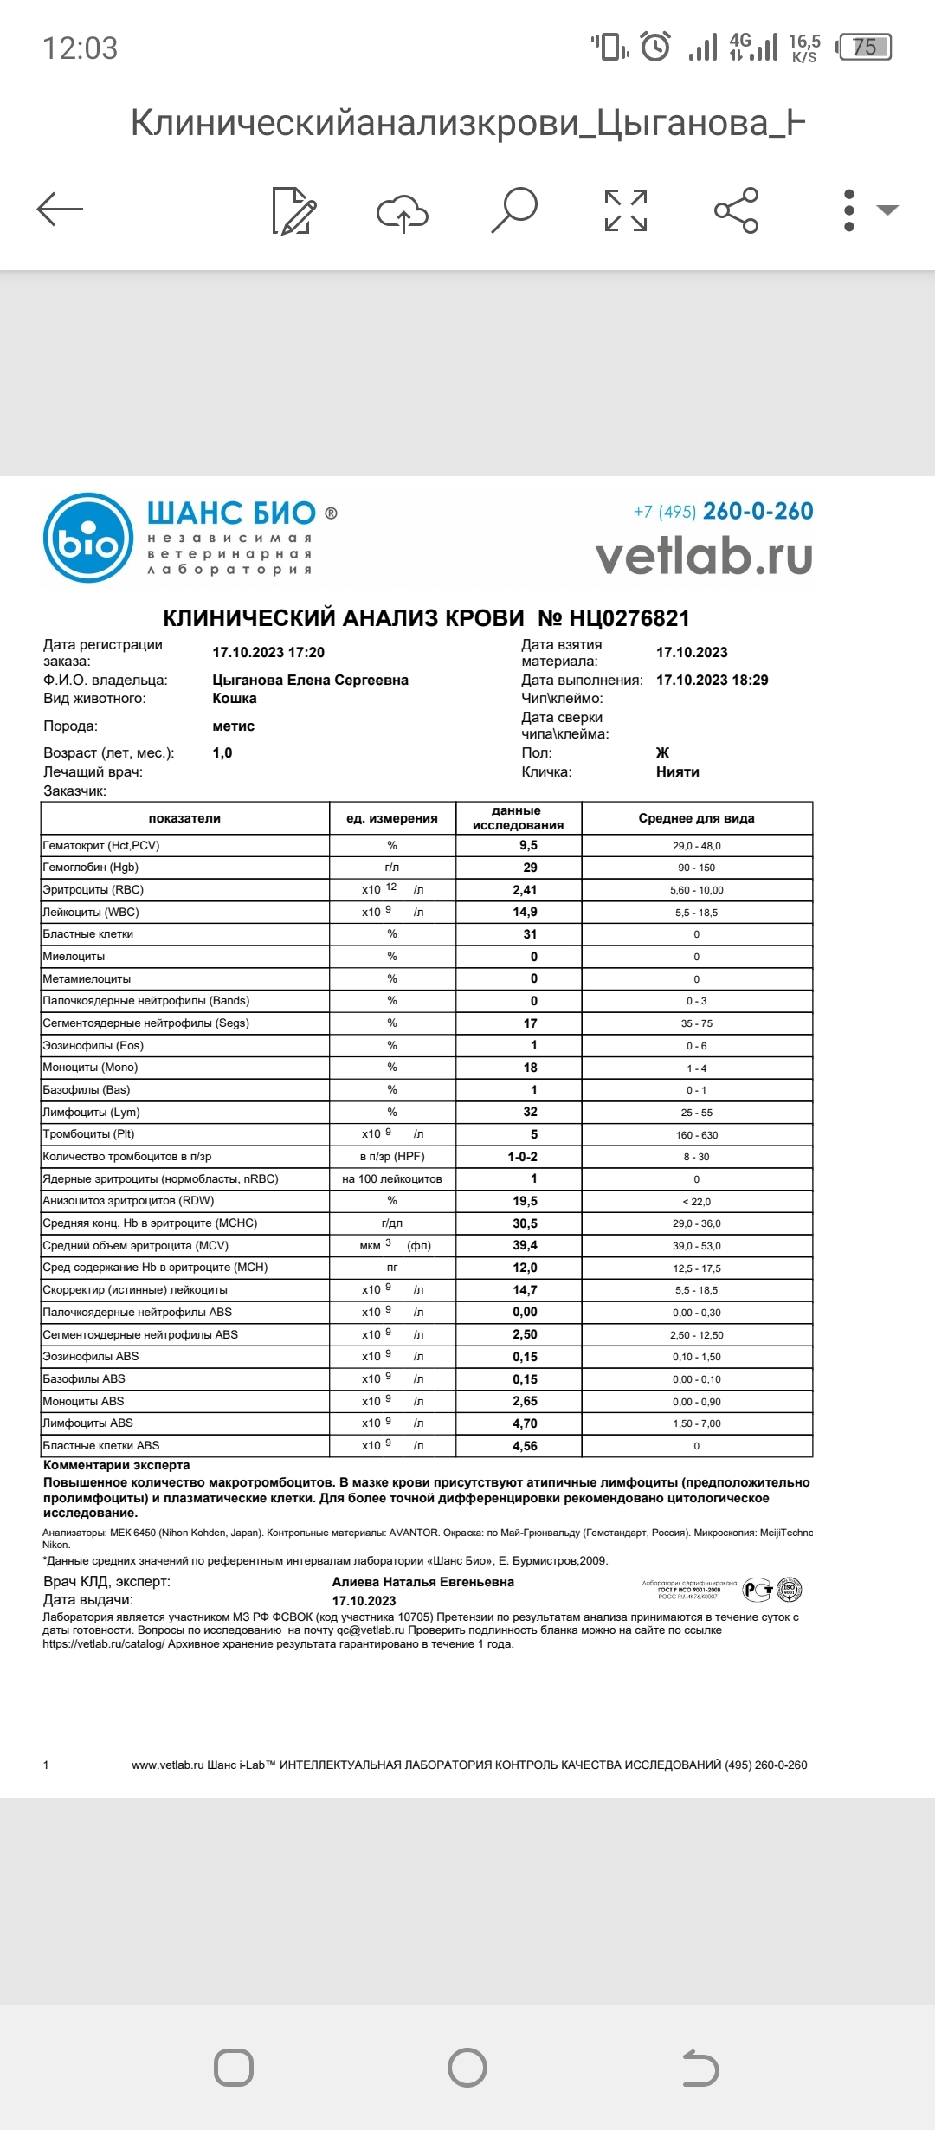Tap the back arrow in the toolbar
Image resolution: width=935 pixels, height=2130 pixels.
tap(60, 210)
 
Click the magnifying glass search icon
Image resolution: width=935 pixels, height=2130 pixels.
tap(514, 210)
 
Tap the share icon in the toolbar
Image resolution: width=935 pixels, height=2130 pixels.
tap(736, 210)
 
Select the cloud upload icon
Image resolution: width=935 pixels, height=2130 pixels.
tap(403, 212)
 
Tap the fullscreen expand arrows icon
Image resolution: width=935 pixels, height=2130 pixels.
tap(625, 210)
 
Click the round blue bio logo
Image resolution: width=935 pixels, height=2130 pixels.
tap(87, 538)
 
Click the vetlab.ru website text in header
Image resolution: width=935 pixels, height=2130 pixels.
tap(704, 557)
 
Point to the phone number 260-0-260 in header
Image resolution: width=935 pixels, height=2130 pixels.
tap(758, 512)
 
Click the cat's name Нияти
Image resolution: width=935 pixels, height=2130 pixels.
tap(677, 771)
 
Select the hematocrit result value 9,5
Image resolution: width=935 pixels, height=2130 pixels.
tap(528, 845)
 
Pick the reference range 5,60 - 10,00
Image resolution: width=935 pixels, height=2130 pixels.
tap(696, 890)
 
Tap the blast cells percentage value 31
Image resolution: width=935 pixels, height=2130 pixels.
tap(530, 934)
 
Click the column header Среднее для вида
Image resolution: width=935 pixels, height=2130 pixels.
tap(696, 818)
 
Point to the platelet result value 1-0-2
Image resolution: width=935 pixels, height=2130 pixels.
tap(522, 1157)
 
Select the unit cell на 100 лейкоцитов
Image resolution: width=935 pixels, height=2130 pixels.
tap(391, 1178)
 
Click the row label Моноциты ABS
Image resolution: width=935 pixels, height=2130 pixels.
tap(84, 1401)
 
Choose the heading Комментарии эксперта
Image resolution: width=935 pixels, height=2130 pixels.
tap(117, 1465)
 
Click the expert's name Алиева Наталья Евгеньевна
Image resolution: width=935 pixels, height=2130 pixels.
tap(422, 1582)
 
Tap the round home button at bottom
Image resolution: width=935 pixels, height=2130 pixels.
tap(467, 2068)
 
